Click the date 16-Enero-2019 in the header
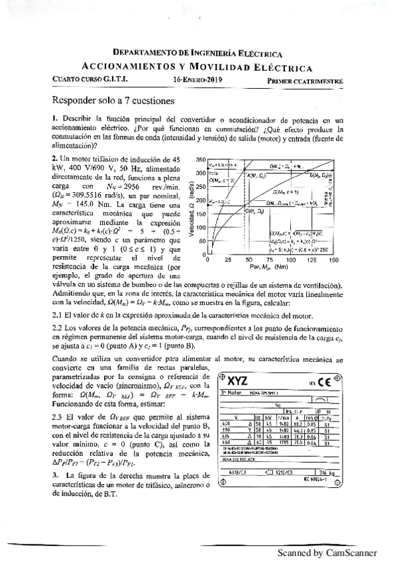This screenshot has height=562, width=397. point(197,80)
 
